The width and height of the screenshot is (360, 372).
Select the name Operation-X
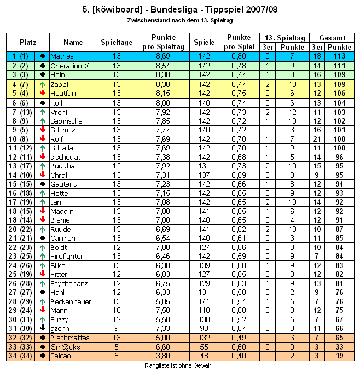[x=69, y=66]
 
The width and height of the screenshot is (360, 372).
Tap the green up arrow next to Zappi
[x=42, y=84]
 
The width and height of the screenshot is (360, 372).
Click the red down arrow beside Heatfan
[x=42, y=93]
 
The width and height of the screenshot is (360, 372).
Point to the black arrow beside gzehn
[x=42, y=328]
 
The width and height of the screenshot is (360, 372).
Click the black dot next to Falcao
[x=42, y=356]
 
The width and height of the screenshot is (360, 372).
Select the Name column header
[x=73, y=42]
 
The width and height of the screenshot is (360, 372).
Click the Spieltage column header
[x=117, y=42]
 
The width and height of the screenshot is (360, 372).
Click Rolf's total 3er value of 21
[x=317, y=138]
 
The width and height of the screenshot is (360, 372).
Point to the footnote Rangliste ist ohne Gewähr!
[x=179, y=365]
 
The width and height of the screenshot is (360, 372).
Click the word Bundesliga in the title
[x=170, y=9]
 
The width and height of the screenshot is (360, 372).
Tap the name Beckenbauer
[x=70, y=301]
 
